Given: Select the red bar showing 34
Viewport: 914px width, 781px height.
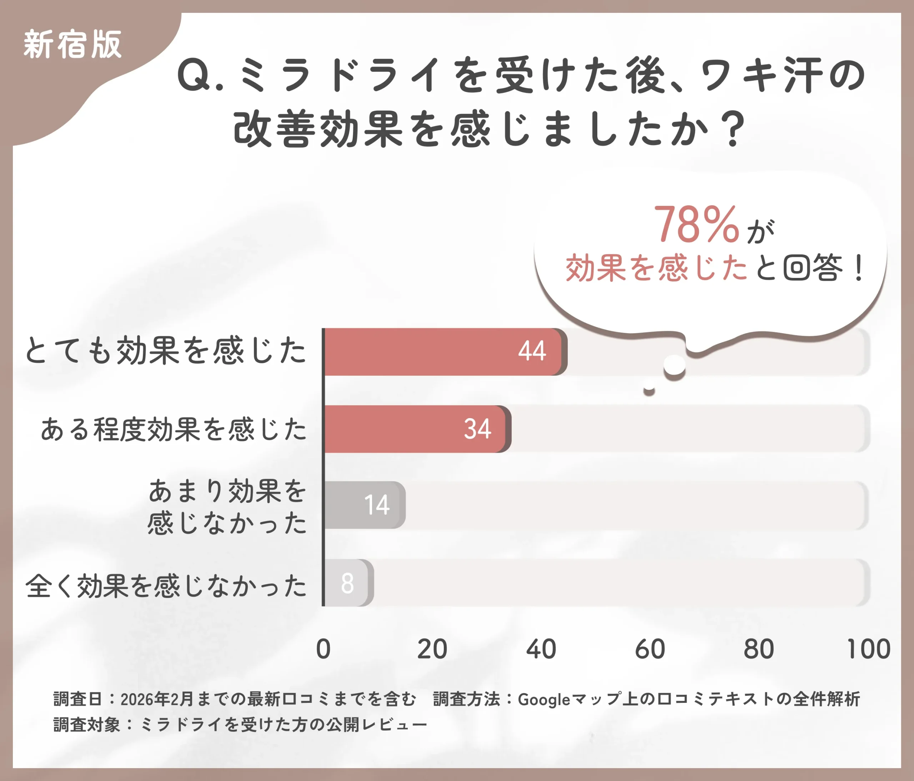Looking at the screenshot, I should [x=415, y=429].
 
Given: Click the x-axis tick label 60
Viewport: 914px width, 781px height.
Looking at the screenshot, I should [x=650, y=649].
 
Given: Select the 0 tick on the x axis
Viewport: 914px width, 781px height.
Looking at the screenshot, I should [x=323, y=649].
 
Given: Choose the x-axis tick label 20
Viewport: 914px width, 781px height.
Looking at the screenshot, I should [x=432, y=649].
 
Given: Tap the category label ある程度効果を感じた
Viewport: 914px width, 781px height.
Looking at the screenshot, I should [x=174, y=429].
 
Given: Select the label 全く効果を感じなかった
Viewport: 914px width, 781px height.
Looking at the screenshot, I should [x=165, y=586].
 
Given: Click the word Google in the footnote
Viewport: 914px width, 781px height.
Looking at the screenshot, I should [x=543, y=699].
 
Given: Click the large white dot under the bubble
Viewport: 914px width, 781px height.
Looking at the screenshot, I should [x=674, y=365].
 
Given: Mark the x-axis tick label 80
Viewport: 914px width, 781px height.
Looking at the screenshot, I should [x=759, y=649].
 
